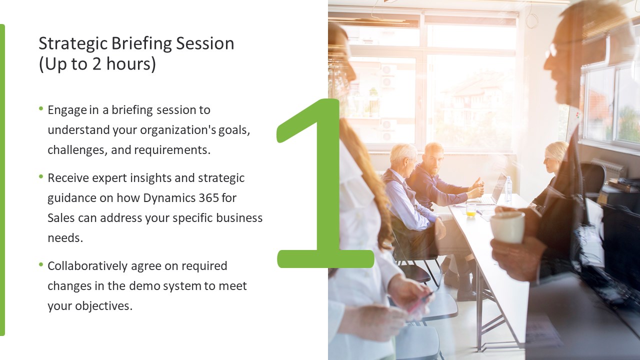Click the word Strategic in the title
coord(73,44)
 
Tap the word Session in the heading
coord(205,43)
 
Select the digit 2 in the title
coord(96,63)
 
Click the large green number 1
coord(325,183)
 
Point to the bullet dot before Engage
coord(41,108)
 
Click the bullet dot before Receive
coord(41,176)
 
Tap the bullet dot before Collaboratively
coord(41,264)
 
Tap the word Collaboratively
coord(87,266)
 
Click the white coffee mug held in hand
coord(507,227)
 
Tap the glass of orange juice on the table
coord(471,209)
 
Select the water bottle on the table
coord(508,189)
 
